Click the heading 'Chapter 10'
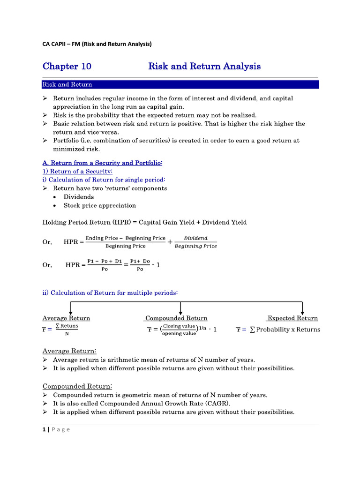[67, 66]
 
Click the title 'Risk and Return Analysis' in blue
[204, 66]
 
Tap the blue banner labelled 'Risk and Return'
[180, 84]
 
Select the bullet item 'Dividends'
[79, 197]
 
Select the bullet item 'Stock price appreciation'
[100, 205]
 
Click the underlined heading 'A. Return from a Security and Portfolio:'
[103, 163]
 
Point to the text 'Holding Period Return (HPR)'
[82, 222]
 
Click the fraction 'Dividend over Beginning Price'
[195, 242]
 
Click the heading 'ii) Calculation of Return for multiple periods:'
[110, 292]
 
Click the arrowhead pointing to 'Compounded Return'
[180, 312]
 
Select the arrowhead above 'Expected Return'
[303, 312]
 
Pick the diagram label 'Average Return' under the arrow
[66, 318]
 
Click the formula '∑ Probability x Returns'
[285, 330]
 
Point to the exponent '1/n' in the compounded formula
[203, 329]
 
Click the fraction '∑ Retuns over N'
[67, 330]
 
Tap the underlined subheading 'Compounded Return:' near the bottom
[77, 386]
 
